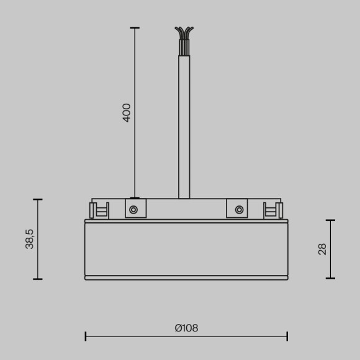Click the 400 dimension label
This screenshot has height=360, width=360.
tap(127, 112)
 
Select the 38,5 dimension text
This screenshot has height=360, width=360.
tap(30, 239)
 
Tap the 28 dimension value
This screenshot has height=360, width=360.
tap(322, 249)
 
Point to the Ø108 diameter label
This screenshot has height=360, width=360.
tap(186, 328)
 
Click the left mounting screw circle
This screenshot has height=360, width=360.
tap(133, 210)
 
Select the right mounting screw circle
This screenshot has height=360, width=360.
tap(238, 210)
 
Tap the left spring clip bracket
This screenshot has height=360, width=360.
tap(99, 210)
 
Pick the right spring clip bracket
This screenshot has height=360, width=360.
tap(272, 210)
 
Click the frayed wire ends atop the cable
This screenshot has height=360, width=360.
tap(184, 34)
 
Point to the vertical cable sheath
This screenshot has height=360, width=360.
tap(184, 124)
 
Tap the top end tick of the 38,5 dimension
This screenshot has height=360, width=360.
tap(38, 200)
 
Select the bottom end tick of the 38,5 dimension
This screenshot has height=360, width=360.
tap(38, 279)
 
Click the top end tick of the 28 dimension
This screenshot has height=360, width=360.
tap(330, 220)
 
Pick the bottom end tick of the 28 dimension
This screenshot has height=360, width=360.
tap(330, 278)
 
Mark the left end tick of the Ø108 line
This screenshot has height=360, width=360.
tap(86, 336)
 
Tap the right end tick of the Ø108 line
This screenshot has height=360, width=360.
tap(287, 336)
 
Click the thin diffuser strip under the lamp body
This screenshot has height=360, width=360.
tap(186, 277)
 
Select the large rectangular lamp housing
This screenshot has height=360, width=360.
tap(186, 248)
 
